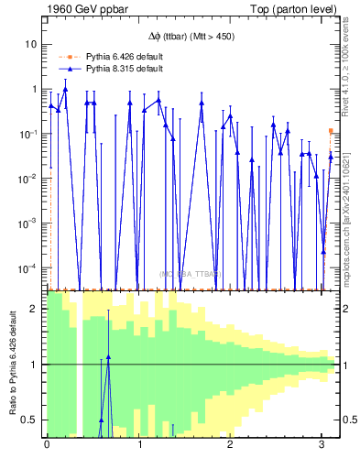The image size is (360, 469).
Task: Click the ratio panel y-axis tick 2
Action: coord(33,309)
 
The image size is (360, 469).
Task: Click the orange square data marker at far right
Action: coord(331,131)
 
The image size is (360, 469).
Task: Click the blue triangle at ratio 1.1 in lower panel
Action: coord(108,357)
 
